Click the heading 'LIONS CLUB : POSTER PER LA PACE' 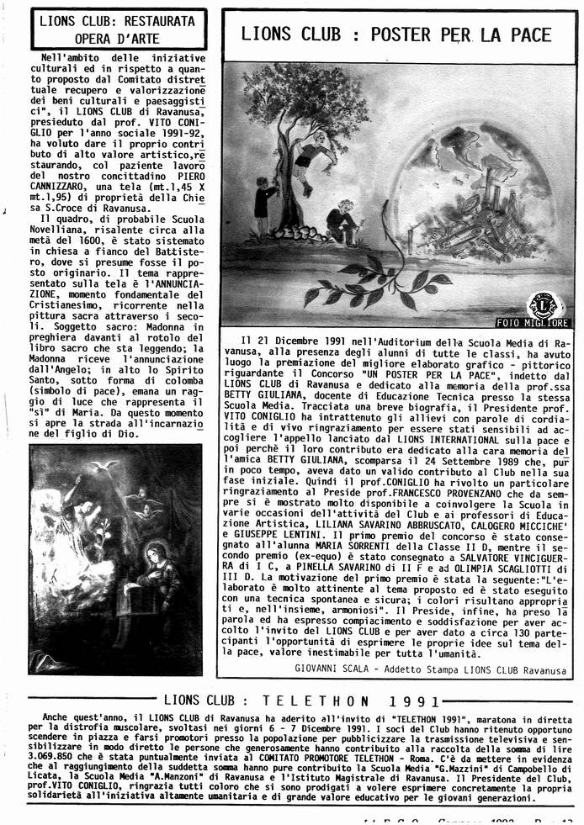396,34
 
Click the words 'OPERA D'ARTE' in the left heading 117,36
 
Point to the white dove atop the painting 108,464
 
